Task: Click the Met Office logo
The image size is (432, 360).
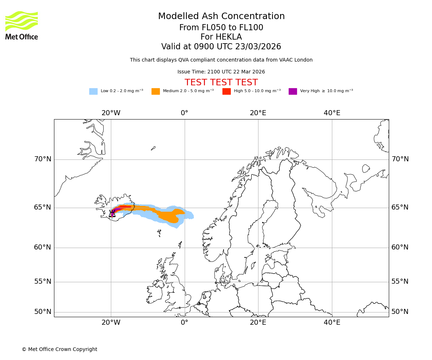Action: tap(22, 25)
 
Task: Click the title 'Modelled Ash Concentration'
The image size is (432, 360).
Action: tap(221, 17)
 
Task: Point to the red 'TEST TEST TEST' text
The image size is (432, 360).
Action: tap(221, 83)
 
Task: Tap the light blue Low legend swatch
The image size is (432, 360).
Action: tap(93, 91)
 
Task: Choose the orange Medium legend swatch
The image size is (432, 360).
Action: tap(156, 91)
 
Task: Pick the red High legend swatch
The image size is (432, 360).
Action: tap(226, 91)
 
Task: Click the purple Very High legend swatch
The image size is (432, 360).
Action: tap(293, 91)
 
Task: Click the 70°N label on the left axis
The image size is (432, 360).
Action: tap(42, 159)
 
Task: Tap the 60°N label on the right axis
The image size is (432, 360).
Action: tap(400, 247)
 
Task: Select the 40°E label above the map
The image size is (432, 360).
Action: tap(332, 113)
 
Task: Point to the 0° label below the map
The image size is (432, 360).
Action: tap(184, 323)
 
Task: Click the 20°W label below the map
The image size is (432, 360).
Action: tap(111, 323)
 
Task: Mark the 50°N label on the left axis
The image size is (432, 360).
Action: tap(42, 312)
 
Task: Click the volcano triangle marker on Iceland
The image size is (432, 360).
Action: tap(112, 214)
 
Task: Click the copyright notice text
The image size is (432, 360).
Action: tap(59, 350)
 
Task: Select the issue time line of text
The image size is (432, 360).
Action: tap(221, 72)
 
